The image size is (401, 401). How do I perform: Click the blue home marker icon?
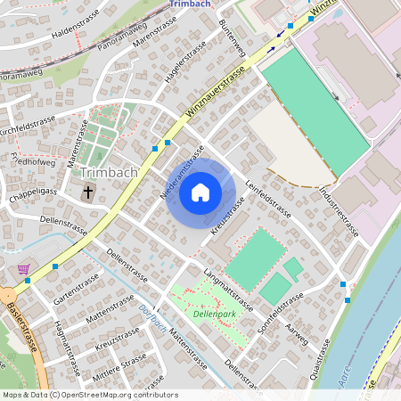pos(200,192)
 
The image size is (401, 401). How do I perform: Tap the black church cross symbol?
pos(88,192)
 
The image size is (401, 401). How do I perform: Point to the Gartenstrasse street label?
pos(76,287)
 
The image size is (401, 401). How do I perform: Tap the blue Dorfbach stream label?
pos(153,315)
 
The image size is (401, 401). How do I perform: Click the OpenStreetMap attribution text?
pos(89,395)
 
